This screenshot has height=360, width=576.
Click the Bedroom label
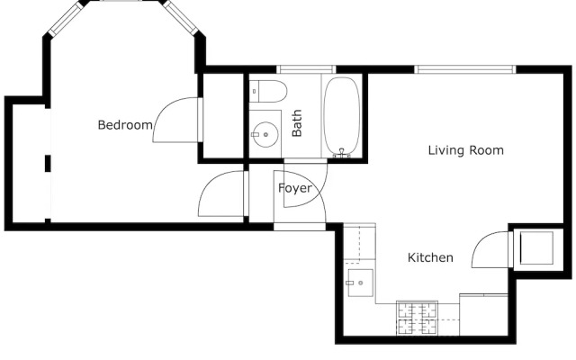125,125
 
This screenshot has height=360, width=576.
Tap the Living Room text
466,150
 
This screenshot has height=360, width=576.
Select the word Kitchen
430,257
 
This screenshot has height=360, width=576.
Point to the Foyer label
295,188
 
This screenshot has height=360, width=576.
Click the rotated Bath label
297,123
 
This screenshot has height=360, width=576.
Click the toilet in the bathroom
268,92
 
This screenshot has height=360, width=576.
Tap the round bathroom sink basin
265,135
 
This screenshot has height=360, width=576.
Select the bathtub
342,116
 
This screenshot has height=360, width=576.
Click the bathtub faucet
342,153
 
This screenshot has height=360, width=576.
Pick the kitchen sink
360,283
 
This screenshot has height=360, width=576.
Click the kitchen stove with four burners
417,318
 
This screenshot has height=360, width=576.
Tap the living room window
465,69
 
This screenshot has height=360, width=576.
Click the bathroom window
306,69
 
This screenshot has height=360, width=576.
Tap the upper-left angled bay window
66,18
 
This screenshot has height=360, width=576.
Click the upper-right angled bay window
181,18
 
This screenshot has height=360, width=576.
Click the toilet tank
254,92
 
